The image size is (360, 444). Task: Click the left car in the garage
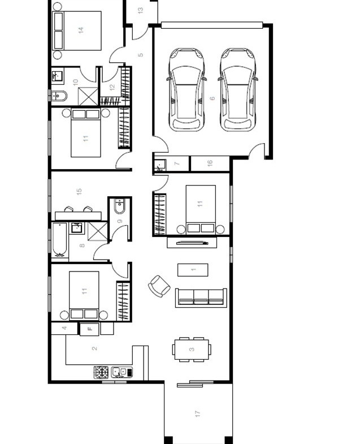[186, 89]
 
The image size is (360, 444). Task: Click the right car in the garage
[237, 89]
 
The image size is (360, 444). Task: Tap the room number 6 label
[212, 98]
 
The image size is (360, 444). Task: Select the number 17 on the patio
[198, 414]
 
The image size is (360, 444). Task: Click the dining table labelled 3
[192, 349]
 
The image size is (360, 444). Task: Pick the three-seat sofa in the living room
[201, 296]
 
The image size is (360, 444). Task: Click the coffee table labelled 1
[193, 270]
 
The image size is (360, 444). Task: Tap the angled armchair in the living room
[159, 286]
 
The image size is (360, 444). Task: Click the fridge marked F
[89, 329]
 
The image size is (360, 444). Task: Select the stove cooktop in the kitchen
[101, 372]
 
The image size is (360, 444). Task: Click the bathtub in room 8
[60, 240]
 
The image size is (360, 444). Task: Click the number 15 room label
[80, 191]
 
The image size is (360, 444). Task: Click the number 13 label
[140, 10]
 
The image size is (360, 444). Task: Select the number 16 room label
[210, 163]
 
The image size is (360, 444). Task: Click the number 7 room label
[177, 163]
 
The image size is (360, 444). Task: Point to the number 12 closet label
[112, 87]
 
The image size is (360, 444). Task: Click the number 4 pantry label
[64, 328]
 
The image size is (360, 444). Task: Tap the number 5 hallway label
[141, 55]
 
